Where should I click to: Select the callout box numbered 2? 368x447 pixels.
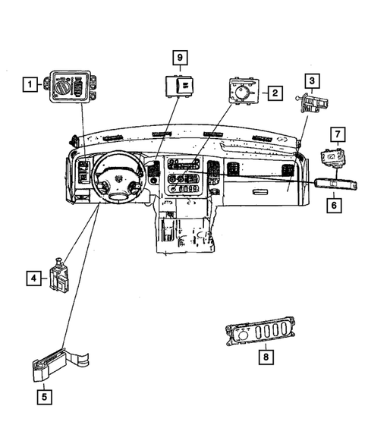(x=274, y=93)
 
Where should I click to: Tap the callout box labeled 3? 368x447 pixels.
(x=311, y=80)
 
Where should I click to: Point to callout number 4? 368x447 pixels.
(x=35, y=279)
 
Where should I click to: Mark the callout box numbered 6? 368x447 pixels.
(x=332, y=205)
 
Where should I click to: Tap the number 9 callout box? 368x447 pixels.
(x=181, y=58)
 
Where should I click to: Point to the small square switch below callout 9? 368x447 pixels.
(x=181, y=86)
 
